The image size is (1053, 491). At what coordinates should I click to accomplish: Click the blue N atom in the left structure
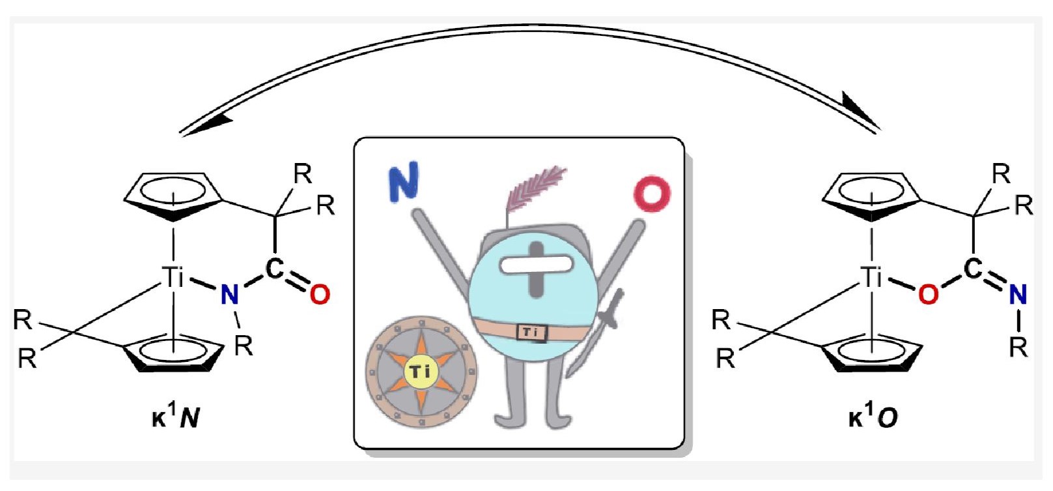point(229,295)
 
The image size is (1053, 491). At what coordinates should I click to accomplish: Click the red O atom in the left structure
point(319,295)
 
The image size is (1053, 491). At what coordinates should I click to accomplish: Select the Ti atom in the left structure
point(173,277)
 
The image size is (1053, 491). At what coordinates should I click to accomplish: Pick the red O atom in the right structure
point(928,295)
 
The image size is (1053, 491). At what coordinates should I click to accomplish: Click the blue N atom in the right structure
point(1018,295)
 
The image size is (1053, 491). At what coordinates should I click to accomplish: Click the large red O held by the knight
point(652,194)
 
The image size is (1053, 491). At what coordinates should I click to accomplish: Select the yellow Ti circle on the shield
point(420,372)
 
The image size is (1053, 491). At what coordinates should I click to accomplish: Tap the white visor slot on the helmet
point(535,264)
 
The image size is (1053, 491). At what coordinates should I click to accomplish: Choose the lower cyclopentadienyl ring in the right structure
point(871,353)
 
